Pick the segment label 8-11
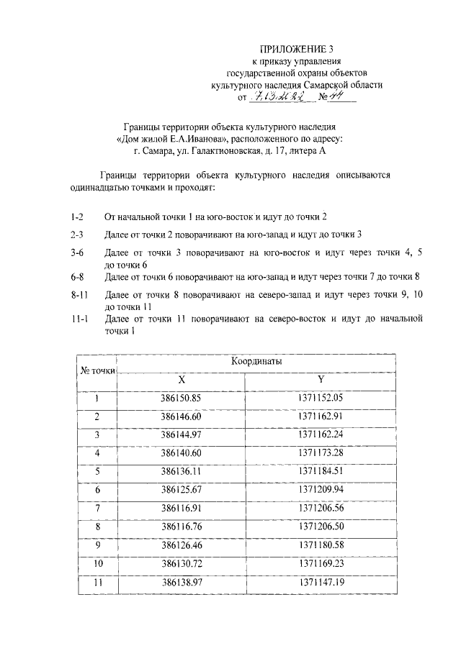point(79,295)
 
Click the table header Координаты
point(256,362)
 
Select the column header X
point(181,380)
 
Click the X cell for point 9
point(181,546)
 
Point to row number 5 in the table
point(97,472)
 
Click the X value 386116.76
point(181,527)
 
